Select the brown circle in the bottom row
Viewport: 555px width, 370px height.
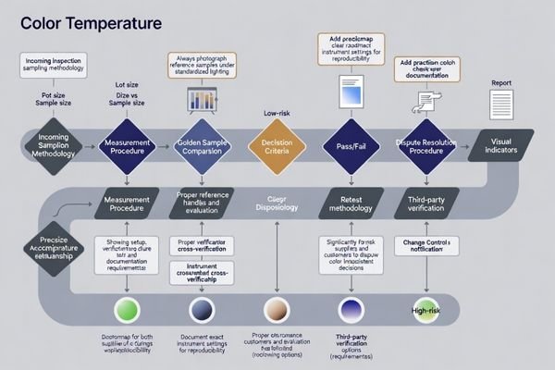(x=277, y=309)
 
